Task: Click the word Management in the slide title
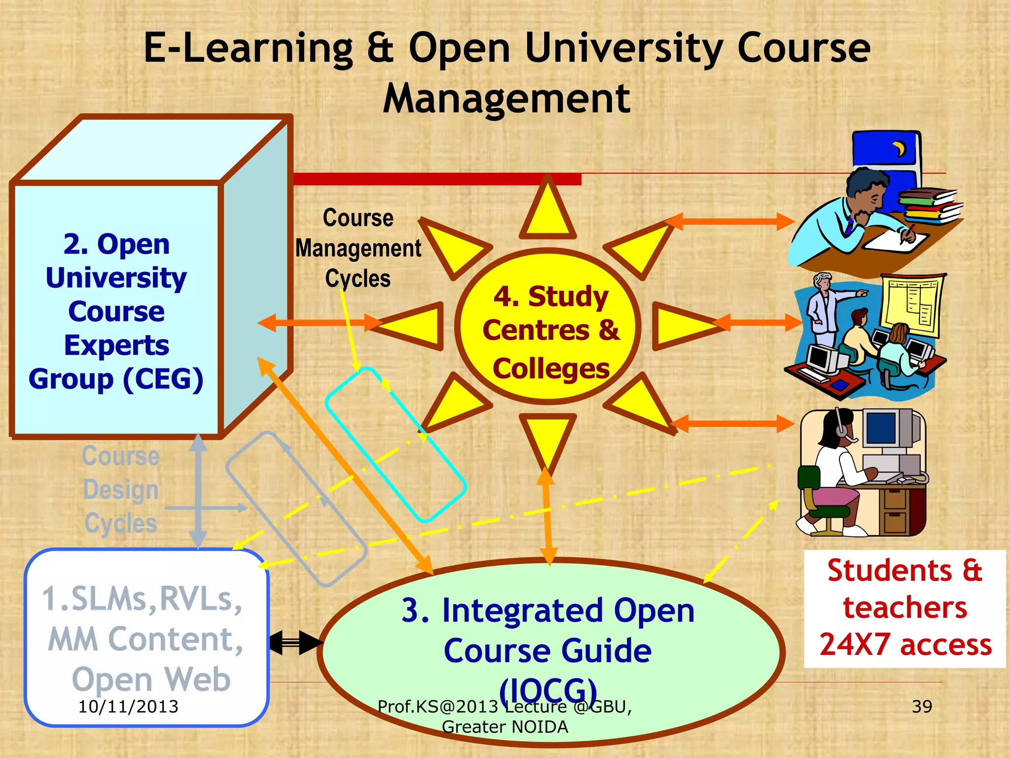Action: pos(506,99)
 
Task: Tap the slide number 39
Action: pos(922,706)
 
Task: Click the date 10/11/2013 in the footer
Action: pos(128,706)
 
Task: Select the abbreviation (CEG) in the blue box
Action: pos(163,379)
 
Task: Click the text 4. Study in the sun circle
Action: pos(551,297)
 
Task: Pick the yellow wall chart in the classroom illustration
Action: pos(912,303)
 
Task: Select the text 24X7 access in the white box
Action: pos(905,644)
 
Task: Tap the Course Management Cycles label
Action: pos(358,248)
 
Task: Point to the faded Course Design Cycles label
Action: pos(121,490)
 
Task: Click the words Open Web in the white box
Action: pos(151,679)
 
